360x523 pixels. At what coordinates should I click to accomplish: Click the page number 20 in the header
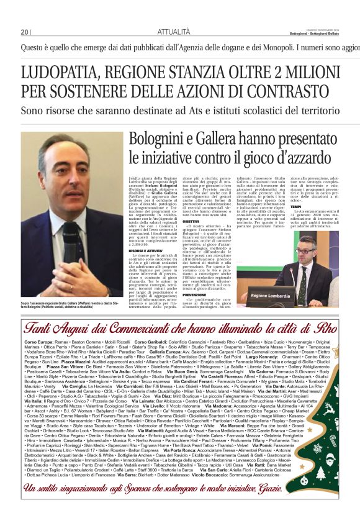[25, 31]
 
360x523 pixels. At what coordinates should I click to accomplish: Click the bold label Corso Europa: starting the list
[39, 342]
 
